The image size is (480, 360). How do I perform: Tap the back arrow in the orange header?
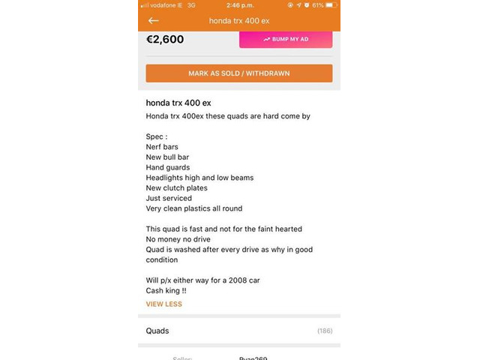point(154,20)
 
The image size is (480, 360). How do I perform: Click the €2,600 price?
point(165,39)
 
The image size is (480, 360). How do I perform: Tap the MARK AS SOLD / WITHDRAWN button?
point(238,73)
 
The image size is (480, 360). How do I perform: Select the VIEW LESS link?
point(163,304)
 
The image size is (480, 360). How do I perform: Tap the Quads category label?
point(157,331)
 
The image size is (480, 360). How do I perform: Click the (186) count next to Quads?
point(325,331)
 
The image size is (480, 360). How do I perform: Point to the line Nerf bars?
point(162,147)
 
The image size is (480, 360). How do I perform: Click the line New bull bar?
point(168,157)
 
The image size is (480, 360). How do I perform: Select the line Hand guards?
point(168,167)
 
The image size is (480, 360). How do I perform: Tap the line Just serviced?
point(169,198)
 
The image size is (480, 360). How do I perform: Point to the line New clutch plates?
point(176,187)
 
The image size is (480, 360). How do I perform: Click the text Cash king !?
point(166,290)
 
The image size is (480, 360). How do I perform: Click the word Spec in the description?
point(154,136)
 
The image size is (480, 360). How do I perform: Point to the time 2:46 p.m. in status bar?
point(239,5)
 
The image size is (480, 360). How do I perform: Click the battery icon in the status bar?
point(331,5)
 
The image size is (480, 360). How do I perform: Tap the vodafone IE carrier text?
point(163,5)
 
